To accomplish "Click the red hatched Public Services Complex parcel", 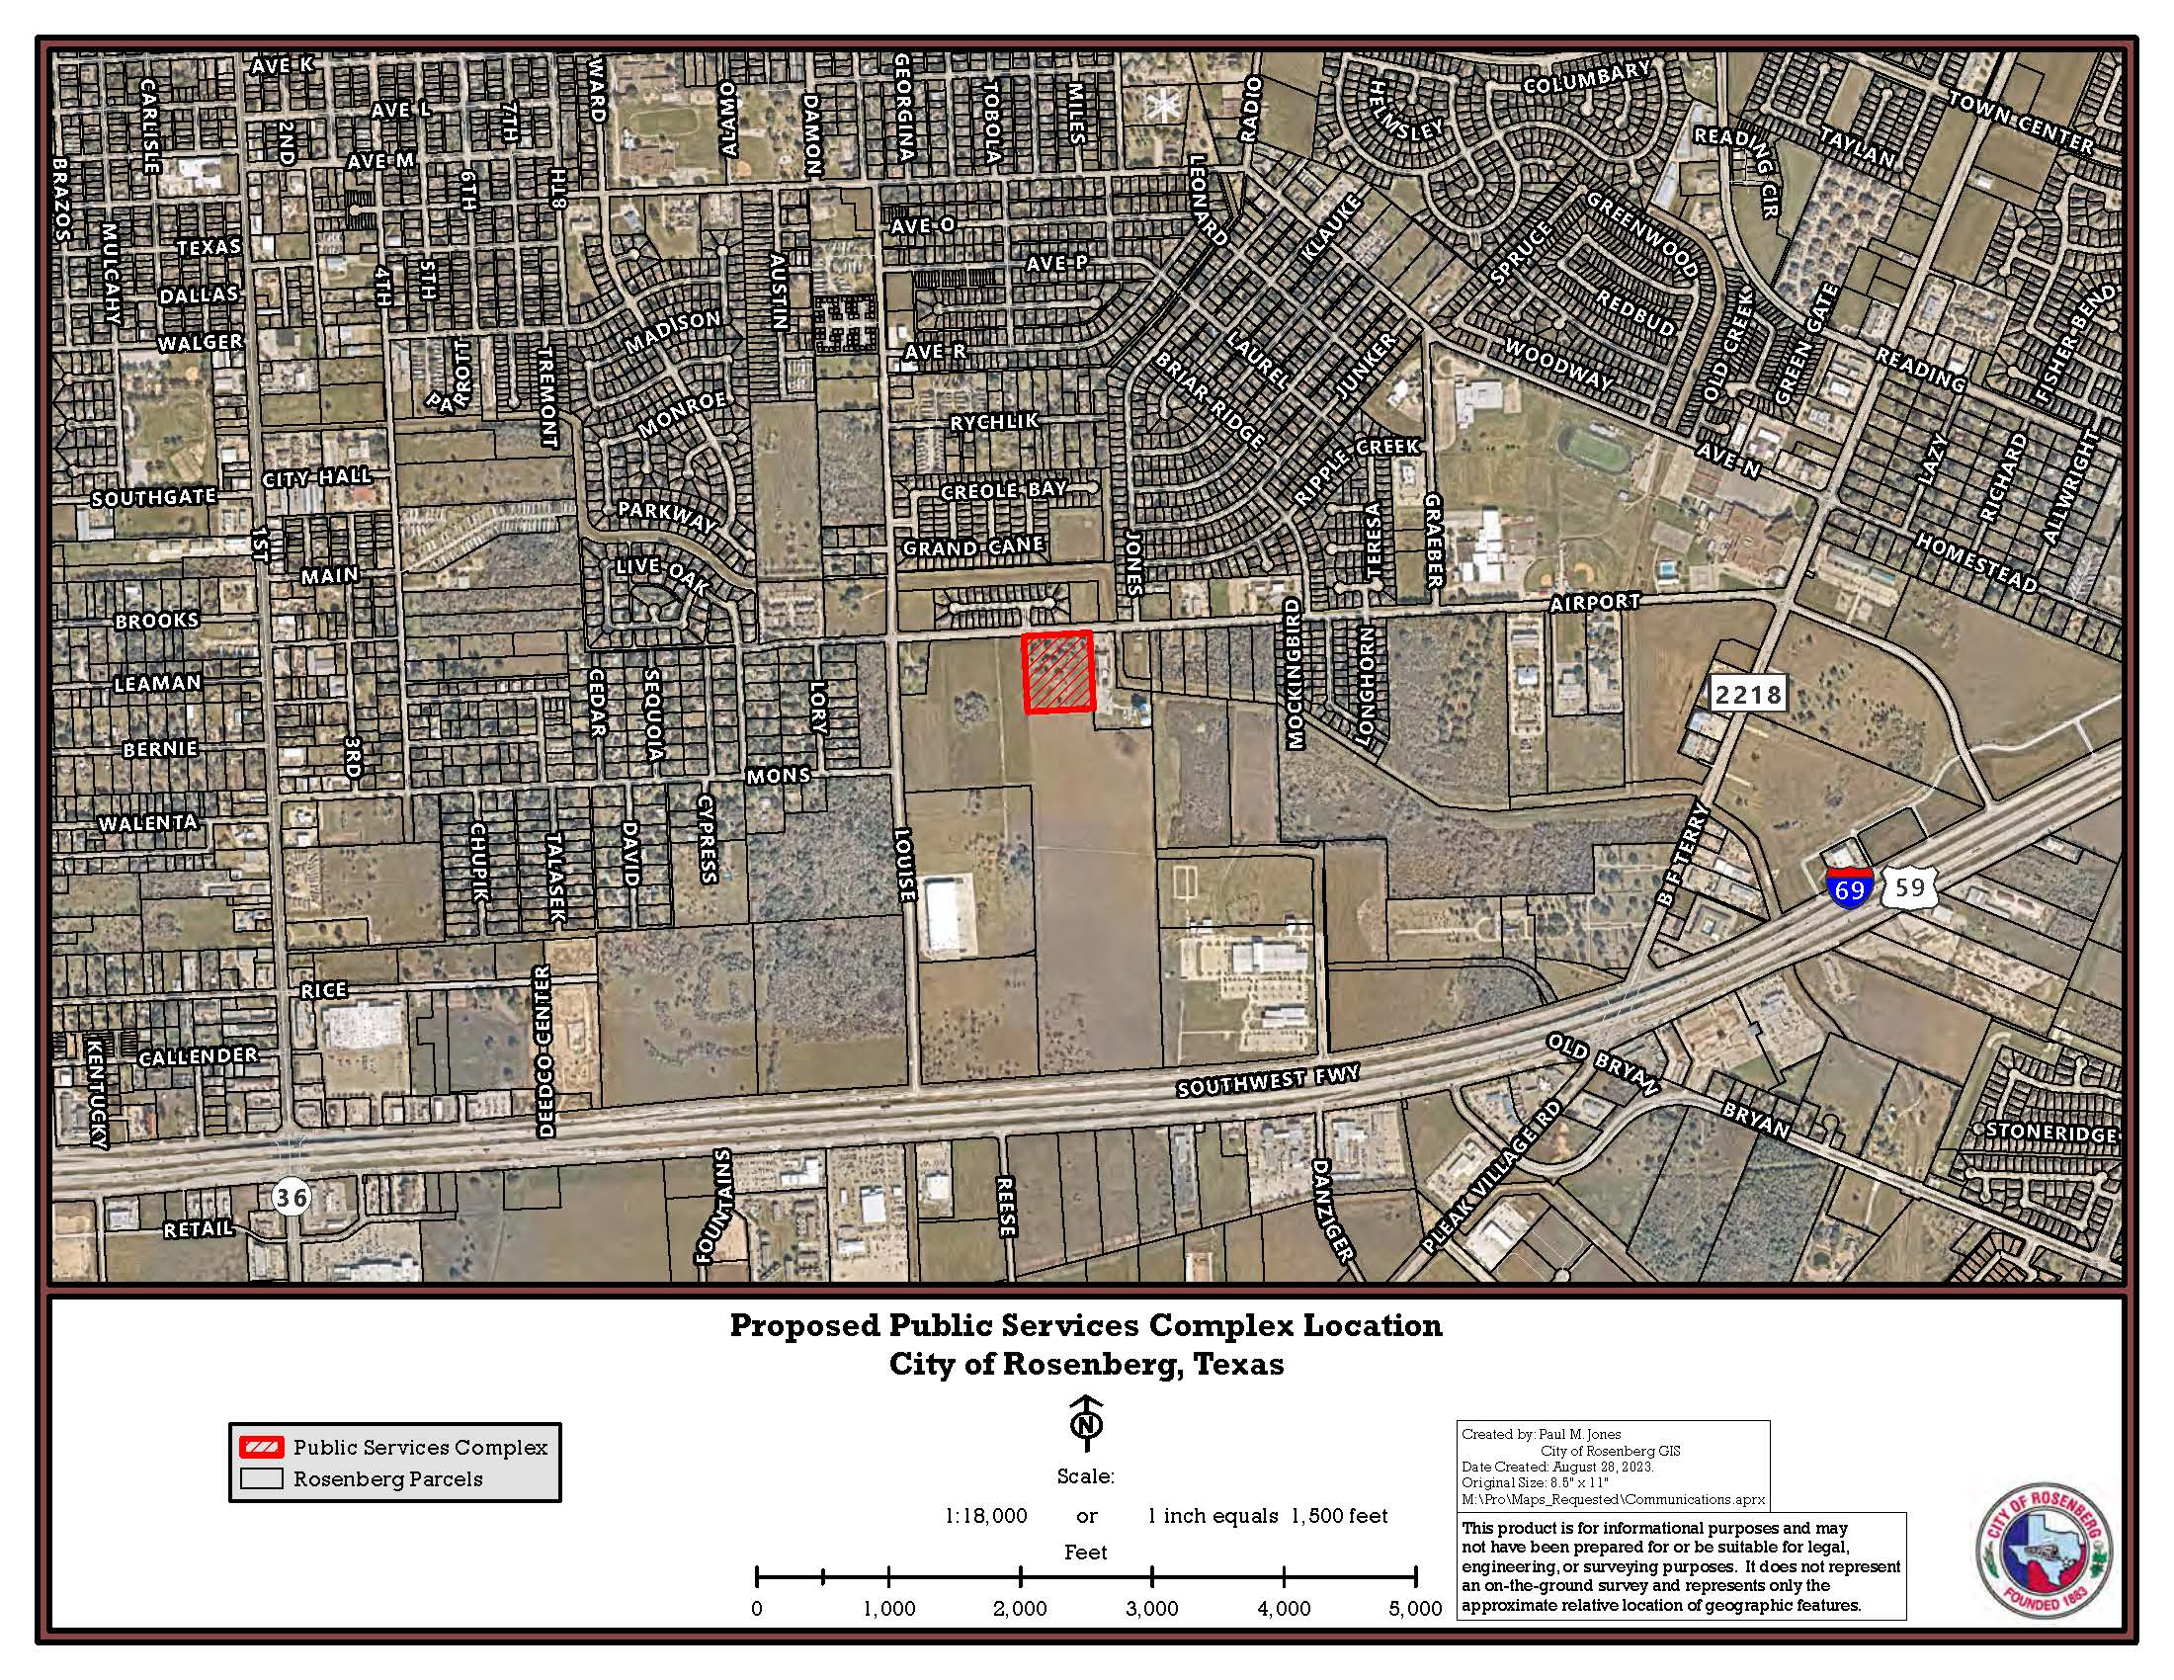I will click(x=1058, y=673).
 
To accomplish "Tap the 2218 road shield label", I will click(x=1748, y=694).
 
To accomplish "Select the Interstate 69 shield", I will click(x=1849, y=885).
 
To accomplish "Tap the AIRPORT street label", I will click(x=1595, y=602).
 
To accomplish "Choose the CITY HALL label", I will click(x=316, y=477).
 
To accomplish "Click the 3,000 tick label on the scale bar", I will click(x=1151, y=1608).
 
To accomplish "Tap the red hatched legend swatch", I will click(x=261, y=1446).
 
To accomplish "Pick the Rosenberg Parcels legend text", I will click(x=387, y=1479).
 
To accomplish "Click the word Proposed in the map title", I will click(x=804, y=1325).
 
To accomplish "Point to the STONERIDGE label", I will click(x=2049, y=1133).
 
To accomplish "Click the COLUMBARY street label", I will click(x=1587, y=77).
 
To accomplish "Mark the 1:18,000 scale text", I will click(x=985, y=1516).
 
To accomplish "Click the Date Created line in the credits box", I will click(x=1556, y=1467).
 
